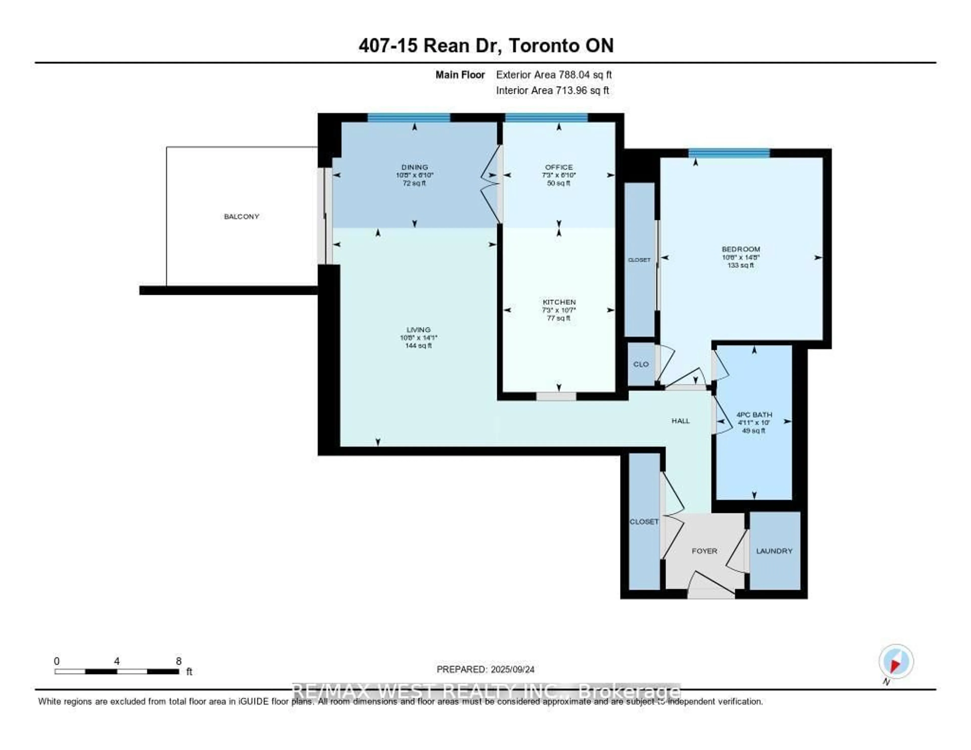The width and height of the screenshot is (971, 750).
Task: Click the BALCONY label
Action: point(241,216)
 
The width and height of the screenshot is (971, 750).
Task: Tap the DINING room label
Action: point(414,167)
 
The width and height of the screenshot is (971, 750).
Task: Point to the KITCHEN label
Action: point(559,302)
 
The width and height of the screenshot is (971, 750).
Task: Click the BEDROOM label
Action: point(741,249)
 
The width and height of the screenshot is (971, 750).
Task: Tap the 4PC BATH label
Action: point(754,414)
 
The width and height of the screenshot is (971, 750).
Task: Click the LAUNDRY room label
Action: point(774,551)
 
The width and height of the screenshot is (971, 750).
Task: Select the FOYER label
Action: point(704,551)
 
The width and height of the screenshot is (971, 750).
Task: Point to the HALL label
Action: point(680,421)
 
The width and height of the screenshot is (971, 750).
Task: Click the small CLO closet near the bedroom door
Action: point(641,364)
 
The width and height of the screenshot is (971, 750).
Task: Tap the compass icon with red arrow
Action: point(896,661)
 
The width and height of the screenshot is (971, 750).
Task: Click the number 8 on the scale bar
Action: point(179,661)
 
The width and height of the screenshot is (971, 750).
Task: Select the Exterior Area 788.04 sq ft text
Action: point(554,75)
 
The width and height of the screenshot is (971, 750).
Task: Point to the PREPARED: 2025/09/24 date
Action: point(485,669)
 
